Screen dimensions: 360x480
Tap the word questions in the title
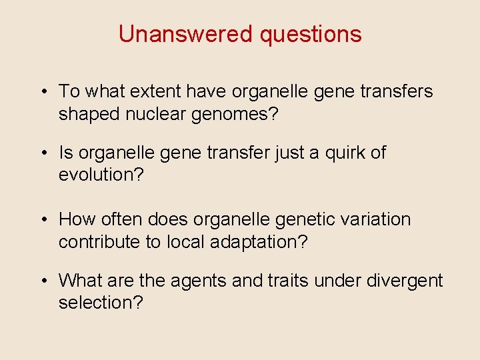click(x=311, y=34)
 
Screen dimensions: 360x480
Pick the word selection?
click(x=101, y=303)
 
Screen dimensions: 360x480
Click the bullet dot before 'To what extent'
click(x=43, y=92)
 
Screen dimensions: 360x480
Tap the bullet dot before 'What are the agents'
click(x=43, y=281)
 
